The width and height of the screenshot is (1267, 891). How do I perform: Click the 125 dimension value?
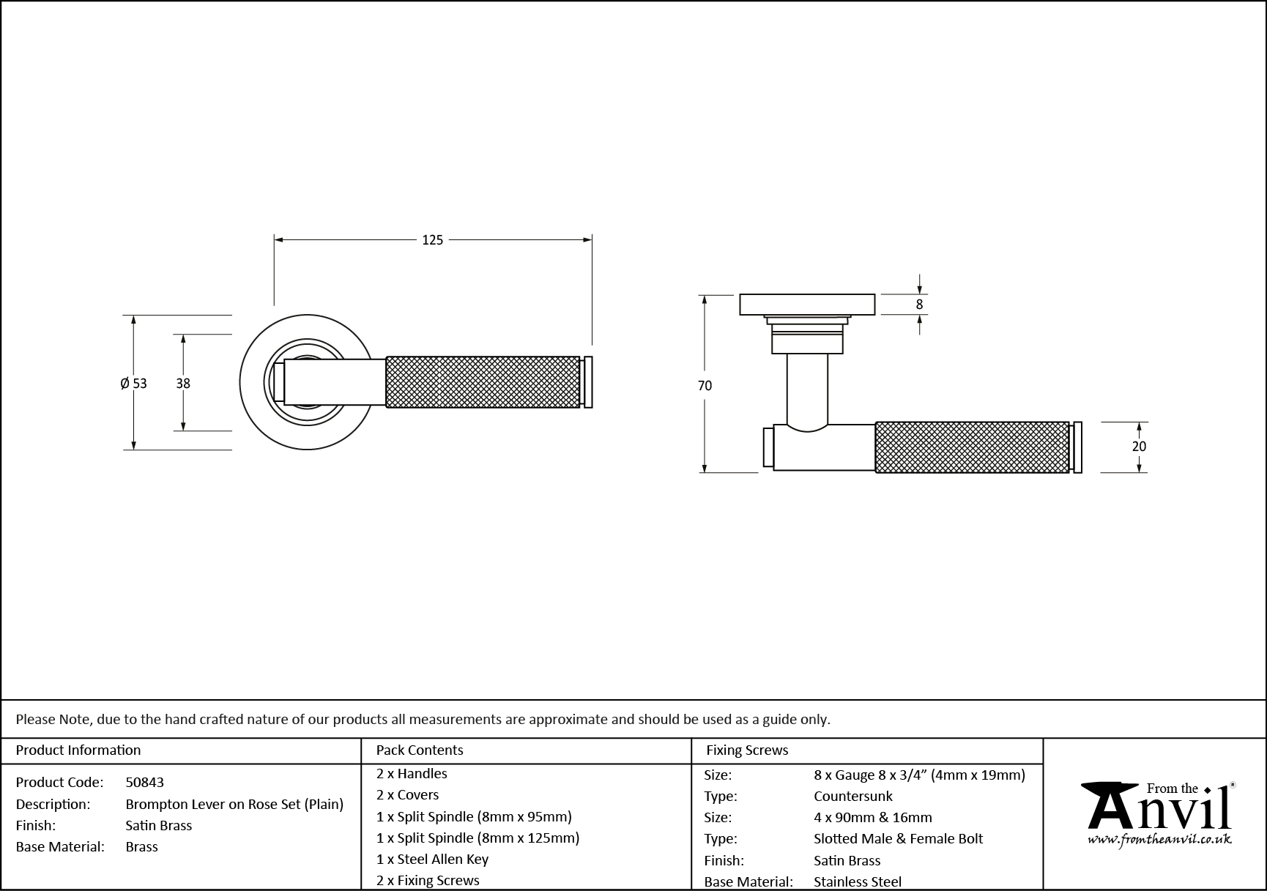click(x=432, y=239)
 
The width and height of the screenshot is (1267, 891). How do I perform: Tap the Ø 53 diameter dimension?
click(x=134, y=383)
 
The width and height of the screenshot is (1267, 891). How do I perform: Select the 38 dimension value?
click(x=183, y=383)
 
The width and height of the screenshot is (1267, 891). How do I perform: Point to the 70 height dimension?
click(x=705, y=386)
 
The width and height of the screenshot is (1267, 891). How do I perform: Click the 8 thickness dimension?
click(x=919, y=305)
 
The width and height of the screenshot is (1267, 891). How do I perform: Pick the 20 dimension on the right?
click(x=1139, y=447)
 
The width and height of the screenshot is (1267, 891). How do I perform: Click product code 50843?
click(x=144, y=783)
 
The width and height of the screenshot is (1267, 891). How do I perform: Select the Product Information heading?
click(x=78, y=750)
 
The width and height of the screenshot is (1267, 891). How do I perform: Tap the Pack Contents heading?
click(x=419, y=750)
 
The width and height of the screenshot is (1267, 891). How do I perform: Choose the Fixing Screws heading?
click(x=747, y=750)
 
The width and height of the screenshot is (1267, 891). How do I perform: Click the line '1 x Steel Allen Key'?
click(x=432, y=860)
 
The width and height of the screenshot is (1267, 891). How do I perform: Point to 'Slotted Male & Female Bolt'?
click(x=898, y=839)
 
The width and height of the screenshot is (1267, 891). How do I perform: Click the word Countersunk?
click(x=853, y=797)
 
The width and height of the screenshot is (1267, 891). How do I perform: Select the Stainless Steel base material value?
click(x=858, y=882)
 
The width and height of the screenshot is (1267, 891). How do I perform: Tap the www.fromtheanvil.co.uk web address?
click(x=1159, y=840)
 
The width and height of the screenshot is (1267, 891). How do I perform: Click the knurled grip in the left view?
click(x=483, y=381)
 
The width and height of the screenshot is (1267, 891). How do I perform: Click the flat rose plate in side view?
click(x=807, y=305)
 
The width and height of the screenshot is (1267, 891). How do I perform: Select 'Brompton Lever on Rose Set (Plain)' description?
click(x=234, y=804)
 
